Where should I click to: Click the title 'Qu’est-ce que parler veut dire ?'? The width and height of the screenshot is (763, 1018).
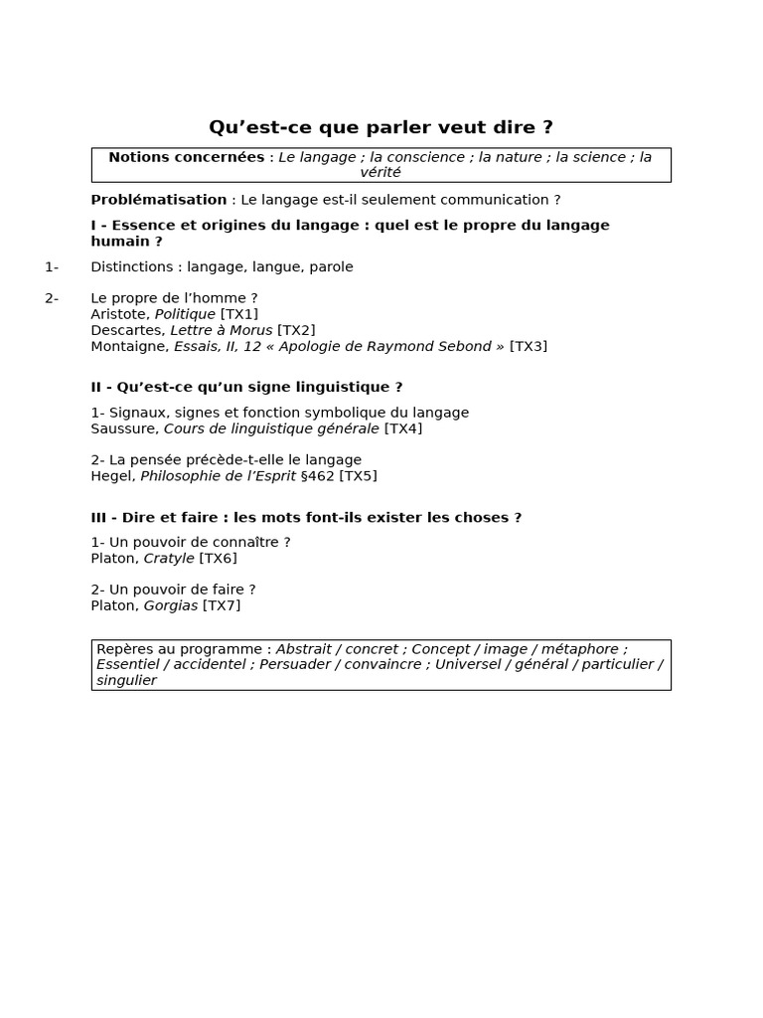pyautogui.click(x=381, y=127)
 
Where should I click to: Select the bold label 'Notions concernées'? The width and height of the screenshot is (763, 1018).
pyautogui.click(x=186, y=157)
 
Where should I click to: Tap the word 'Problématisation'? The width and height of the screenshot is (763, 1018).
pyautogui.click(x=159, y=200)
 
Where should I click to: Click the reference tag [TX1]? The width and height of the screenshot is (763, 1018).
pyautogui.click(x=238, y=314)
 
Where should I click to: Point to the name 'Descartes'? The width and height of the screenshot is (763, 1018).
pyautogui.click(x=126, y=330)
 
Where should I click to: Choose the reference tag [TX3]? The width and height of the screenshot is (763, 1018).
pyautogui.click(x=528, y=346)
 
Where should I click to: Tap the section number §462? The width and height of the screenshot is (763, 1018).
pyautogui.click(x=317, y=476)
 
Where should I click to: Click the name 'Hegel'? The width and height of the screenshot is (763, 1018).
pyautogui.click(x=111, y=476)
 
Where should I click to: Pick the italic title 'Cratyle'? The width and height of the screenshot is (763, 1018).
pyautogui.click(x=169, y=559)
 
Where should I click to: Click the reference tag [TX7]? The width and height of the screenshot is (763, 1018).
pyautogui.click(x=222, y=605)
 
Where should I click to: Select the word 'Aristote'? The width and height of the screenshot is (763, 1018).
pyautogui.click(x=120, y=314)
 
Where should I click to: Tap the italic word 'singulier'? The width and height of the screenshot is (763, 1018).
pyautogui.click(x=126, y=681)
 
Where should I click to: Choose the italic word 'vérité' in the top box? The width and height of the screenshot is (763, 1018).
pyautogui.click(x=381, y=173)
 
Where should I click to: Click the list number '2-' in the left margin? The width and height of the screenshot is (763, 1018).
pyautogui.click(x=52, y=298)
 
